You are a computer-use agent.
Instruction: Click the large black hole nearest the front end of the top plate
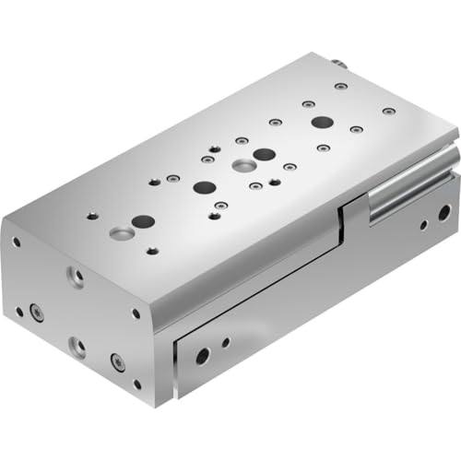143,221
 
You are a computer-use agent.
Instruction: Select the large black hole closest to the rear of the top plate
321,122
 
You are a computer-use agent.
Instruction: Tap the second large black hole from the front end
204,187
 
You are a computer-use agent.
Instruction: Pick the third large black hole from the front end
263,154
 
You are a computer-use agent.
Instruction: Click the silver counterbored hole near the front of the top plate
118,233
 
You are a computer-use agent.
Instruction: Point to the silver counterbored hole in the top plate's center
244,166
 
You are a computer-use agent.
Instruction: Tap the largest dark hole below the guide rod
443,213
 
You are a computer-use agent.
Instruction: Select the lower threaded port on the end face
77,347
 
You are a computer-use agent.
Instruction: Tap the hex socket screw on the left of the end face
37,313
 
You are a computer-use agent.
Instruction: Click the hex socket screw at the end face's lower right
118,361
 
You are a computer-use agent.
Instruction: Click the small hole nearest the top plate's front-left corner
91,218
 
